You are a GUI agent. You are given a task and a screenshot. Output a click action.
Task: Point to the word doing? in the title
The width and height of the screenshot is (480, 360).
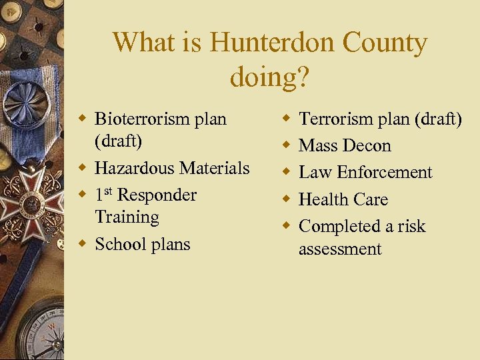pyautogui.click(x=269, y=77)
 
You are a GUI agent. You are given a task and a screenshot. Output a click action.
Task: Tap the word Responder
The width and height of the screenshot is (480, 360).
pyautogui.click(x=156, y=195)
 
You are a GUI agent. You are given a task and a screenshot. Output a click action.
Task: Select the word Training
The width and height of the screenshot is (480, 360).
pyautogui.click(x=127, y=217)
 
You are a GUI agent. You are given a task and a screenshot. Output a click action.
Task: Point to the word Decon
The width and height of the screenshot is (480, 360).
pyautogui.click(x=369, y=145)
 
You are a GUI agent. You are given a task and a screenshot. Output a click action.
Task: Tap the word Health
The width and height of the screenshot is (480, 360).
pyautogui.click(x=325, y=199)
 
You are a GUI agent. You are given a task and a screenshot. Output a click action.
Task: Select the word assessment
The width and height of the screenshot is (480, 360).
pyautogui.click(x=340, y=249)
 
